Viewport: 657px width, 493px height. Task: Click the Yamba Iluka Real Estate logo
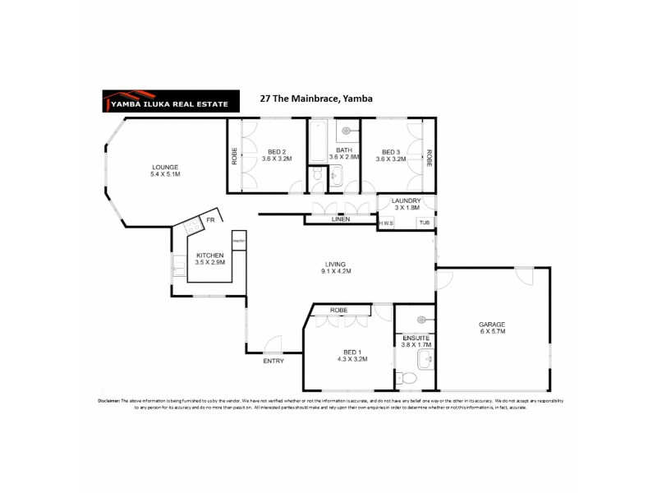(x=170, y=99)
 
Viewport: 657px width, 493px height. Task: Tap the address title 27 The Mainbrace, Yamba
(x=315, y=99)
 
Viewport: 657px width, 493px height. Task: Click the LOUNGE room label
(x=164, y=166)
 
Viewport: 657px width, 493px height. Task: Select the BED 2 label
(x=277, y=151)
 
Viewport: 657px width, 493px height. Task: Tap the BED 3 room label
(x=391, y=151)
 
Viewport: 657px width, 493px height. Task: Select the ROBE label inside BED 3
(x=428, y=156)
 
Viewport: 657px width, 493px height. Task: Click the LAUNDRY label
(x=406, y=200)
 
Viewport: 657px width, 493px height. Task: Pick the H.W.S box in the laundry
(x=386, y=223)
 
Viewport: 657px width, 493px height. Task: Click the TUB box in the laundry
(x=425, y=223)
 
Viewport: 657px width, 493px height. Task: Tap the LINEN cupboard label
(x=341, y=219)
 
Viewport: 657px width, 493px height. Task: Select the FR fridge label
(x=210, y=220)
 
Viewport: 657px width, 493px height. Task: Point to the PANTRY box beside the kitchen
(x=239, y=241)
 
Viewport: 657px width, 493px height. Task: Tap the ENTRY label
(x=273, y=362)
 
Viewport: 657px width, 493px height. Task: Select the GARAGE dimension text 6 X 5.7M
(x=491, y=331)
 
